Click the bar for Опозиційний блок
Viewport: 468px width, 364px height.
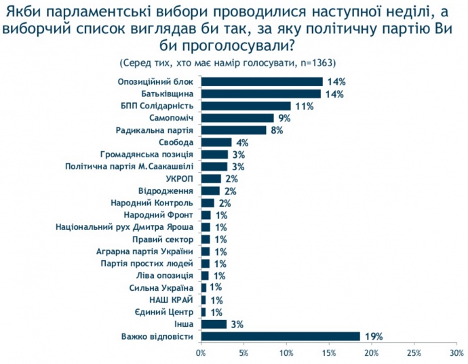[x=262, y=81]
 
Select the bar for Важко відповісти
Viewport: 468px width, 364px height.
[x=280, y=336]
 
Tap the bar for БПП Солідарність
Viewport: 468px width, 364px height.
[x=246, y=106]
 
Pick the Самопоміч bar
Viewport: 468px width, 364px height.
[x=237, y=118]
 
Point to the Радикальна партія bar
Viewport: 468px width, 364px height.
[x=234, y=130]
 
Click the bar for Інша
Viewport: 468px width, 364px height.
[x=214, y=324]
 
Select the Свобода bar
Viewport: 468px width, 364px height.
[x=216, y=142]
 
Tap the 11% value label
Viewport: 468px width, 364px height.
[x=304, y=106]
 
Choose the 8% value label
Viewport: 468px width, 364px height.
[x=277, y=130]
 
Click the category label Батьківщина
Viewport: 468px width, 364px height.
[x=168, y=94]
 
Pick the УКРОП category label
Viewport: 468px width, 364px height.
[x=180, y=178]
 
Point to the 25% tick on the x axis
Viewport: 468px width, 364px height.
[x=414, y=353]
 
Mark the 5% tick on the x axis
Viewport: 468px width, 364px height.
[x=243, y=353]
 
